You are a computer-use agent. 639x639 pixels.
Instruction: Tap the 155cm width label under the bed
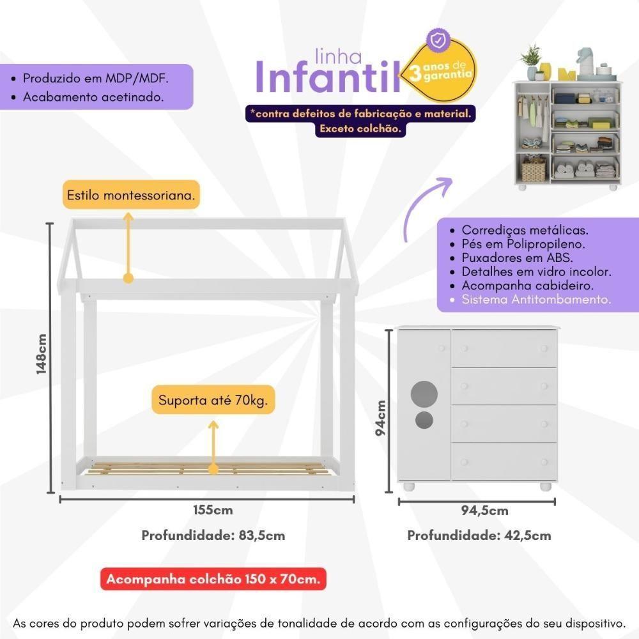point(213,510)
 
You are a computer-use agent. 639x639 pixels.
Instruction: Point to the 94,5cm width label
point(485,510)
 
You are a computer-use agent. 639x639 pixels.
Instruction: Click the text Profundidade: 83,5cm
point(213,535)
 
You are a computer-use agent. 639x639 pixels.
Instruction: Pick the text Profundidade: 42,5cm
point(479,535)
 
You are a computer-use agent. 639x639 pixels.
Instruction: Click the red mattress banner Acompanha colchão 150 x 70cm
point(213,580)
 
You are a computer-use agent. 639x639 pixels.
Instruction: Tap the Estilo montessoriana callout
point(130,195)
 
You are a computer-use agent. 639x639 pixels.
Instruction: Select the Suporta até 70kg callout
point(213,401)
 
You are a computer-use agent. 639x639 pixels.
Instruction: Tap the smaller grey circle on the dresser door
point(423,420)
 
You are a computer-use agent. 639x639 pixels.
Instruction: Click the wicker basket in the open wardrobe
point(534,170)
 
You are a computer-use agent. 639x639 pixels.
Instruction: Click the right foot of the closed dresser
point(546,487)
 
